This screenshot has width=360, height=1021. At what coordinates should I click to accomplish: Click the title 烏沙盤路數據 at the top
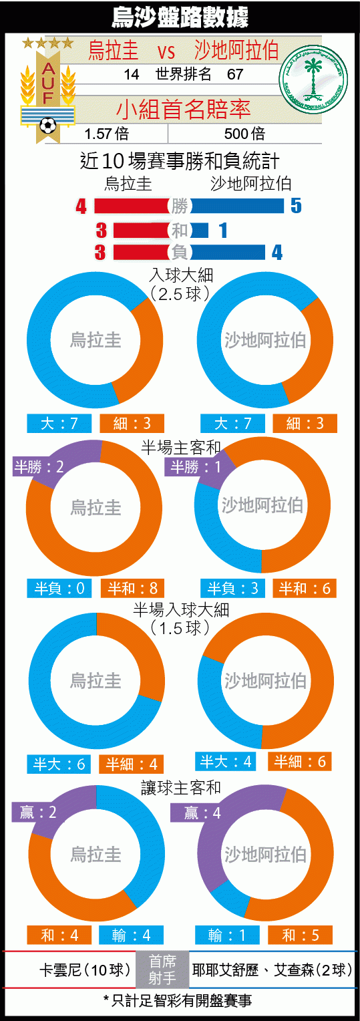(x=180, y=17)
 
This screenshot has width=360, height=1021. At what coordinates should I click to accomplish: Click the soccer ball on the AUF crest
(x=48, y=125)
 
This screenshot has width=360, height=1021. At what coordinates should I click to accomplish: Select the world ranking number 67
(x=235, y=74)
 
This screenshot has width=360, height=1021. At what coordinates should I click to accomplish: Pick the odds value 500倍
(x=244, y=134)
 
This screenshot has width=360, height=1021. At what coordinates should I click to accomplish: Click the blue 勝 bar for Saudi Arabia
(x=237, y=206)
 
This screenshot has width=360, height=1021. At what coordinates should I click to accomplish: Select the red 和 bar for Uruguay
(x=142, y=230)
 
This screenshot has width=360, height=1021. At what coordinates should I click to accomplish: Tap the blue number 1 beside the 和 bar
(x=223, y=230)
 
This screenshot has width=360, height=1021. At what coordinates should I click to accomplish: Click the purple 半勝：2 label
(x=38, y=467)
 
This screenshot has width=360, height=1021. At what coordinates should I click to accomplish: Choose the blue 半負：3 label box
(x=232, y=589)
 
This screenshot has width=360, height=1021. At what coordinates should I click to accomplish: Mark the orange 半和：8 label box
(x=132, y=589)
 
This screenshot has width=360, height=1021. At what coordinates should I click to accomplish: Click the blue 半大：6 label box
(x=59, y=764)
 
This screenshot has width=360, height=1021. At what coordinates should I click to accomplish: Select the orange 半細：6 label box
(x=300, y=761)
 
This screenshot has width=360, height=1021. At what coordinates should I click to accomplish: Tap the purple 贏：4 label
(x=202, y=813)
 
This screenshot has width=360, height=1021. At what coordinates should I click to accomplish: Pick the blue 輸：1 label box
(x=227, y=935)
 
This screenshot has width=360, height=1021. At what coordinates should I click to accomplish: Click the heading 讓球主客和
(x=180, y=788)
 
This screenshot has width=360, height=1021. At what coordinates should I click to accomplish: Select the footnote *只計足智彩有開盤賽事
(x=178, y=1000)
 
